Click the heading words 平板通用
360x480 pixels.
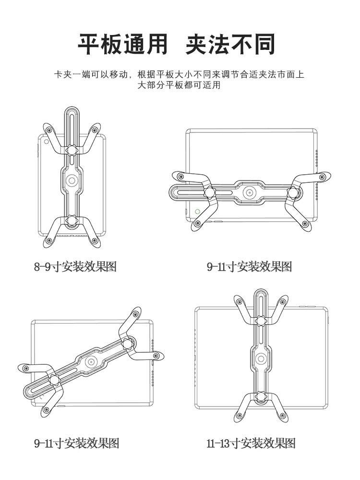point(123,44)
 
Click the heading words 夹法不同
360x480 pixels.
point(230,44)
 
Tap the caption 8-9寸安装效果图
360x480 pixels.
point(75,266)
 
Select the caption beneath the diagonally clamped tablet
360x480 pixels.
point(76,443)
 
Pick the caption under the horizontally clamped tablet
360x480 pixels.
point(249,266)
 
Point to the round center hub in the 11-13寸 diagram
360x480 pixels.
point(261,358)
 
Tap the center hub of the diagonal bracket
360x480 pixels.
point(91,363)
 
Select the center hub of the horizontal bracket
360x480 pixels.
point(249,192)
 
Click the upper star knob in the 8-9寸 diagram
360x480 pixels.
point(72,150)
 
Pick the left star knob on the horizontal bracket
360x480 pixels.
point(209,192)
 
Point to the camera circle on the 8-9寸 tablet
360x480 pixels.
point(46,142)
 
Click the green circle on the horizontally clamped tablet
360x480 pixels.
point(197,211)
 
